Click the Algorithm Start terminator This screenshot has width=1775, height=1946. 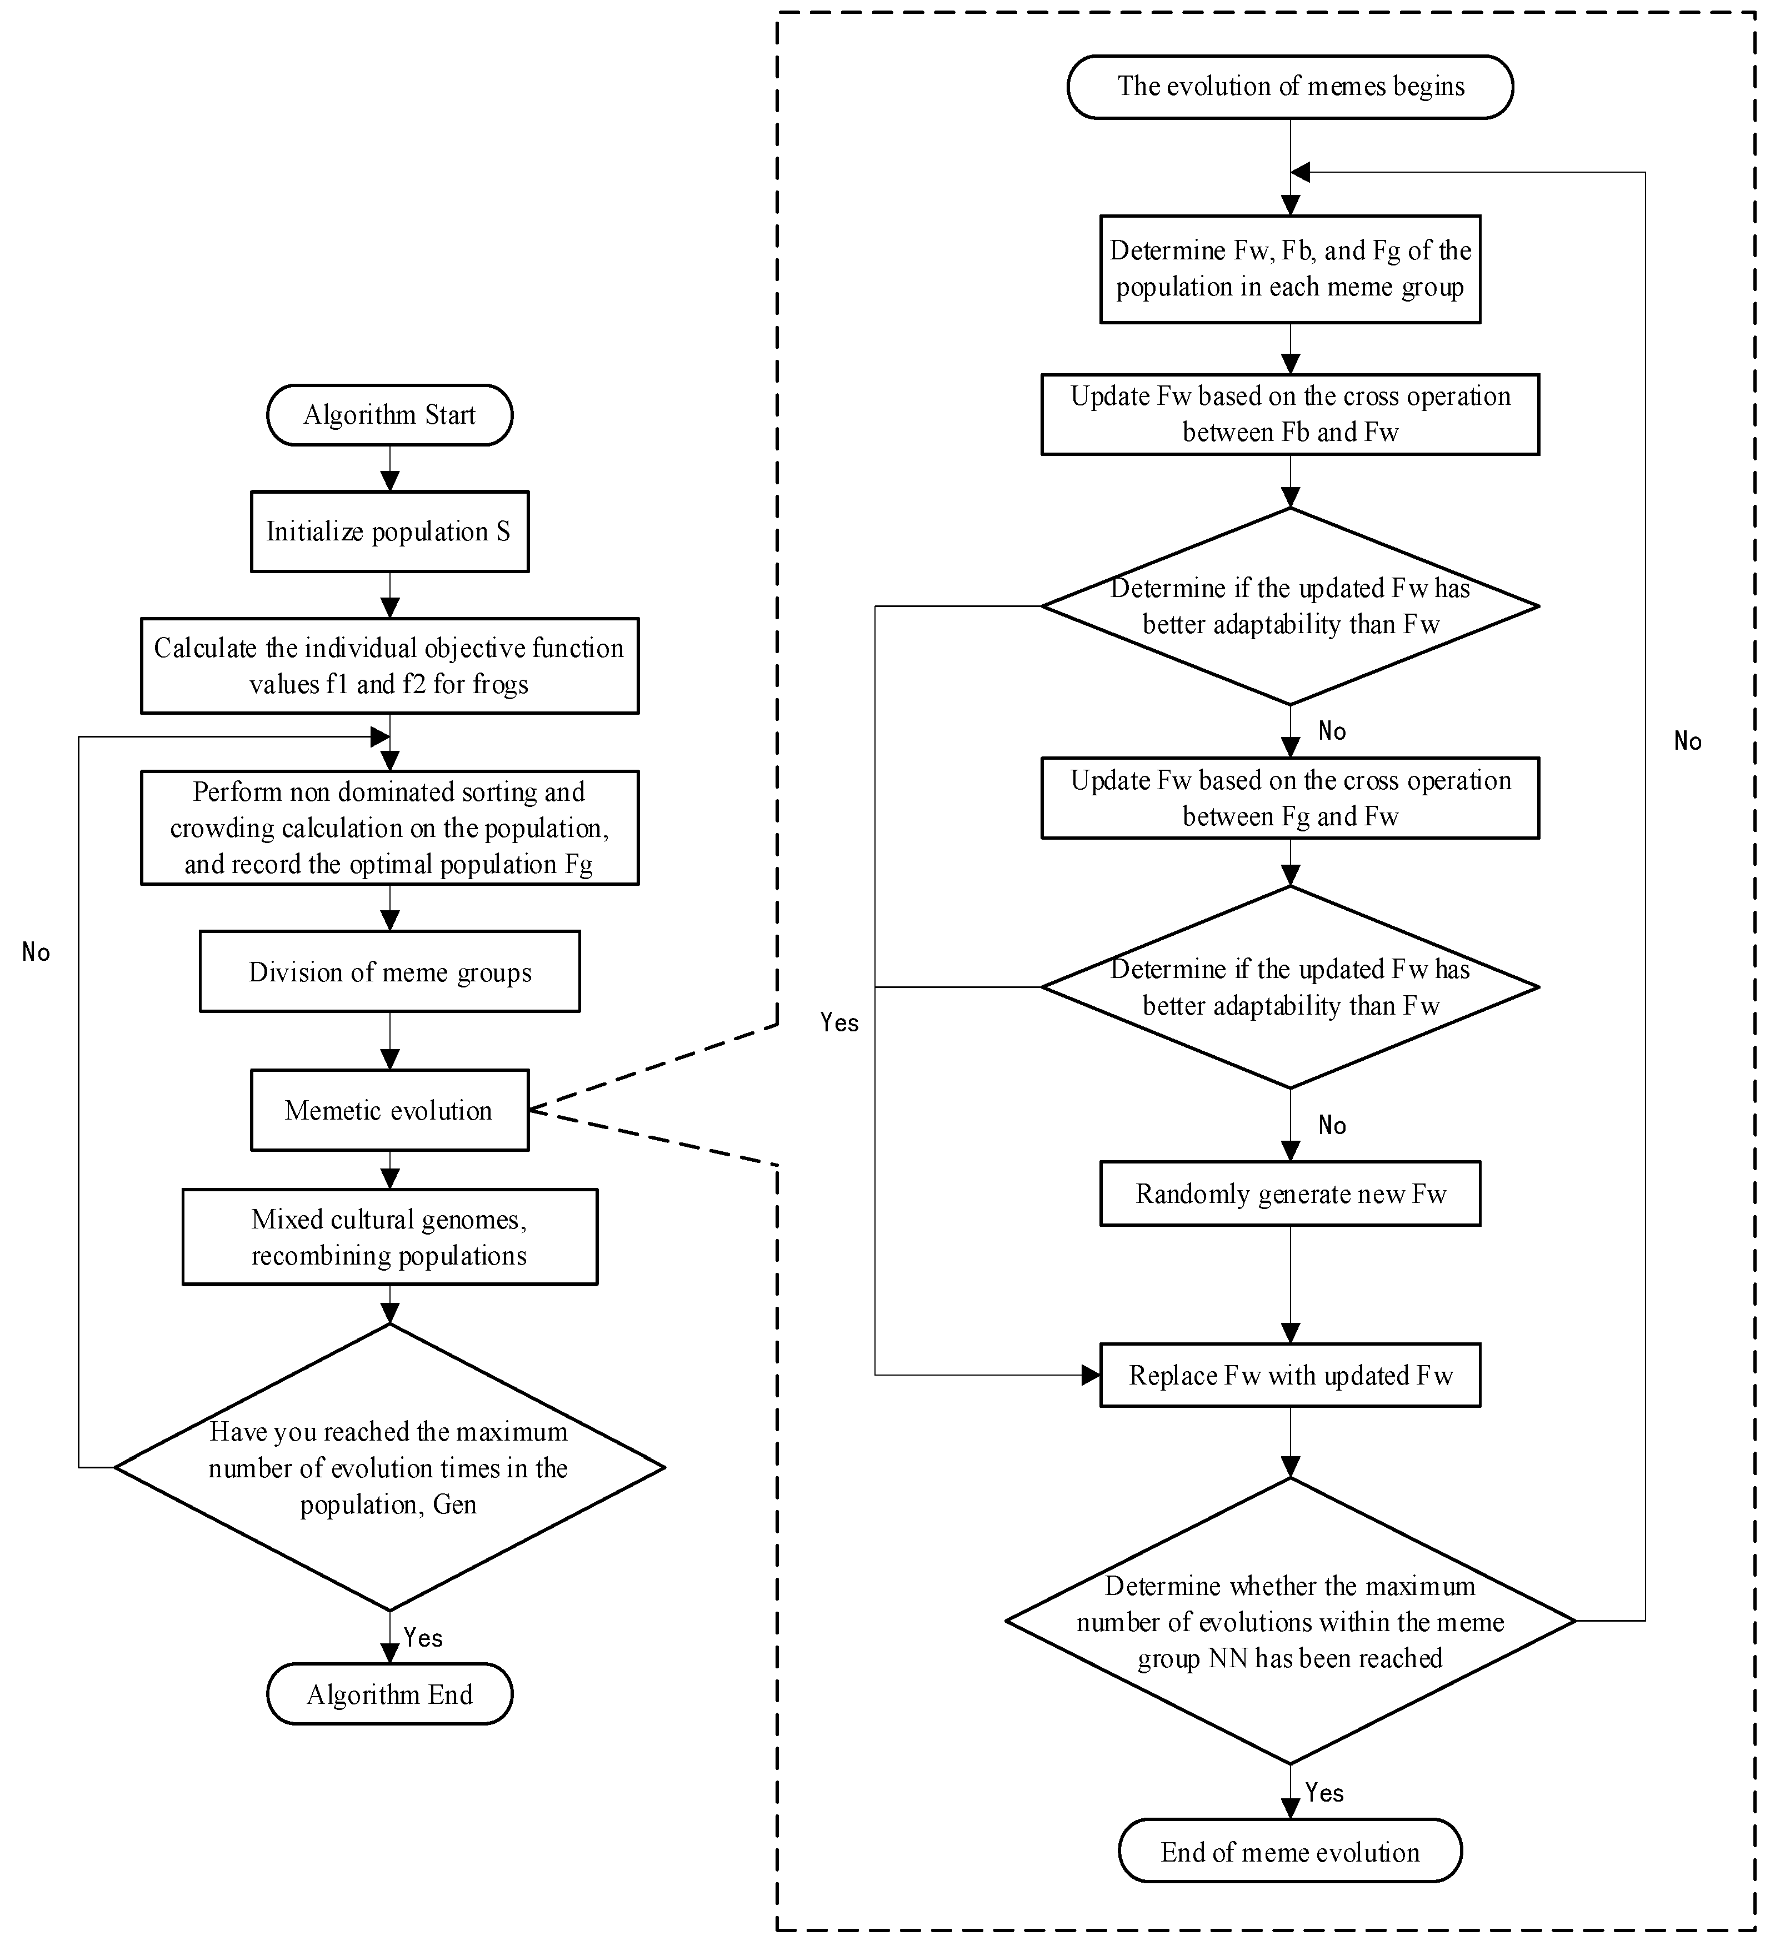(389, 415)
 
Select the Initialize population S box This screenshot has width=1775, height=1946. (389, 532)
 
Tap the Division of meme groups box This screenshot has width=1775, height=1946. (389, 972)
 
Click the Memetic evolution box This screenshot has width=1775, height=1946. (389, 1110)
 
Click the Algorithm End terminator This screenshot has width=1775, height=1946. (389, 1695)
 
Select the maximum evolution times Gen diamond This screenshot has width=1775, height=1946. (389, 1467)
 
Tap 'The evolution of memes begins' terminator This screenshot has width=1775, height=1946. (1290, 87)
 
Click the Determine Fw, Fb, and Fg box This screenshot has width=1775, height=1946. (1290, 268)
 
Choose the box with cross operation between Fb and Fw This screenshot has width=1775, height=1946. (1290, 414)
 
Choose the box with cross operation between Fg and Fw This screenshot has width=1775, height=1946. (1290, 798)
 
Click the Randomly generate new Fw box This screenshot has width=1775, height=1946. (1290, 1194)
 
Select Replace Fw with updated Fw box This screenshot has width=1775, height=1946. (1290, 1376)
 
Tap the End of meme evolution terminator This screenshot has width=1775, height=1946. (1290, 1852)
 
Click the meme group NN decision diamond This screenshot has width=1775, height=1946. (1290, 1622)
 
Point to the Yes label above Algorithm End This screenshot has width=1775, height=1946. (423, 1638)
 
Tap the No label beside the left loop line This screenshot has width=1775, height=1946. (36, 953)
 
